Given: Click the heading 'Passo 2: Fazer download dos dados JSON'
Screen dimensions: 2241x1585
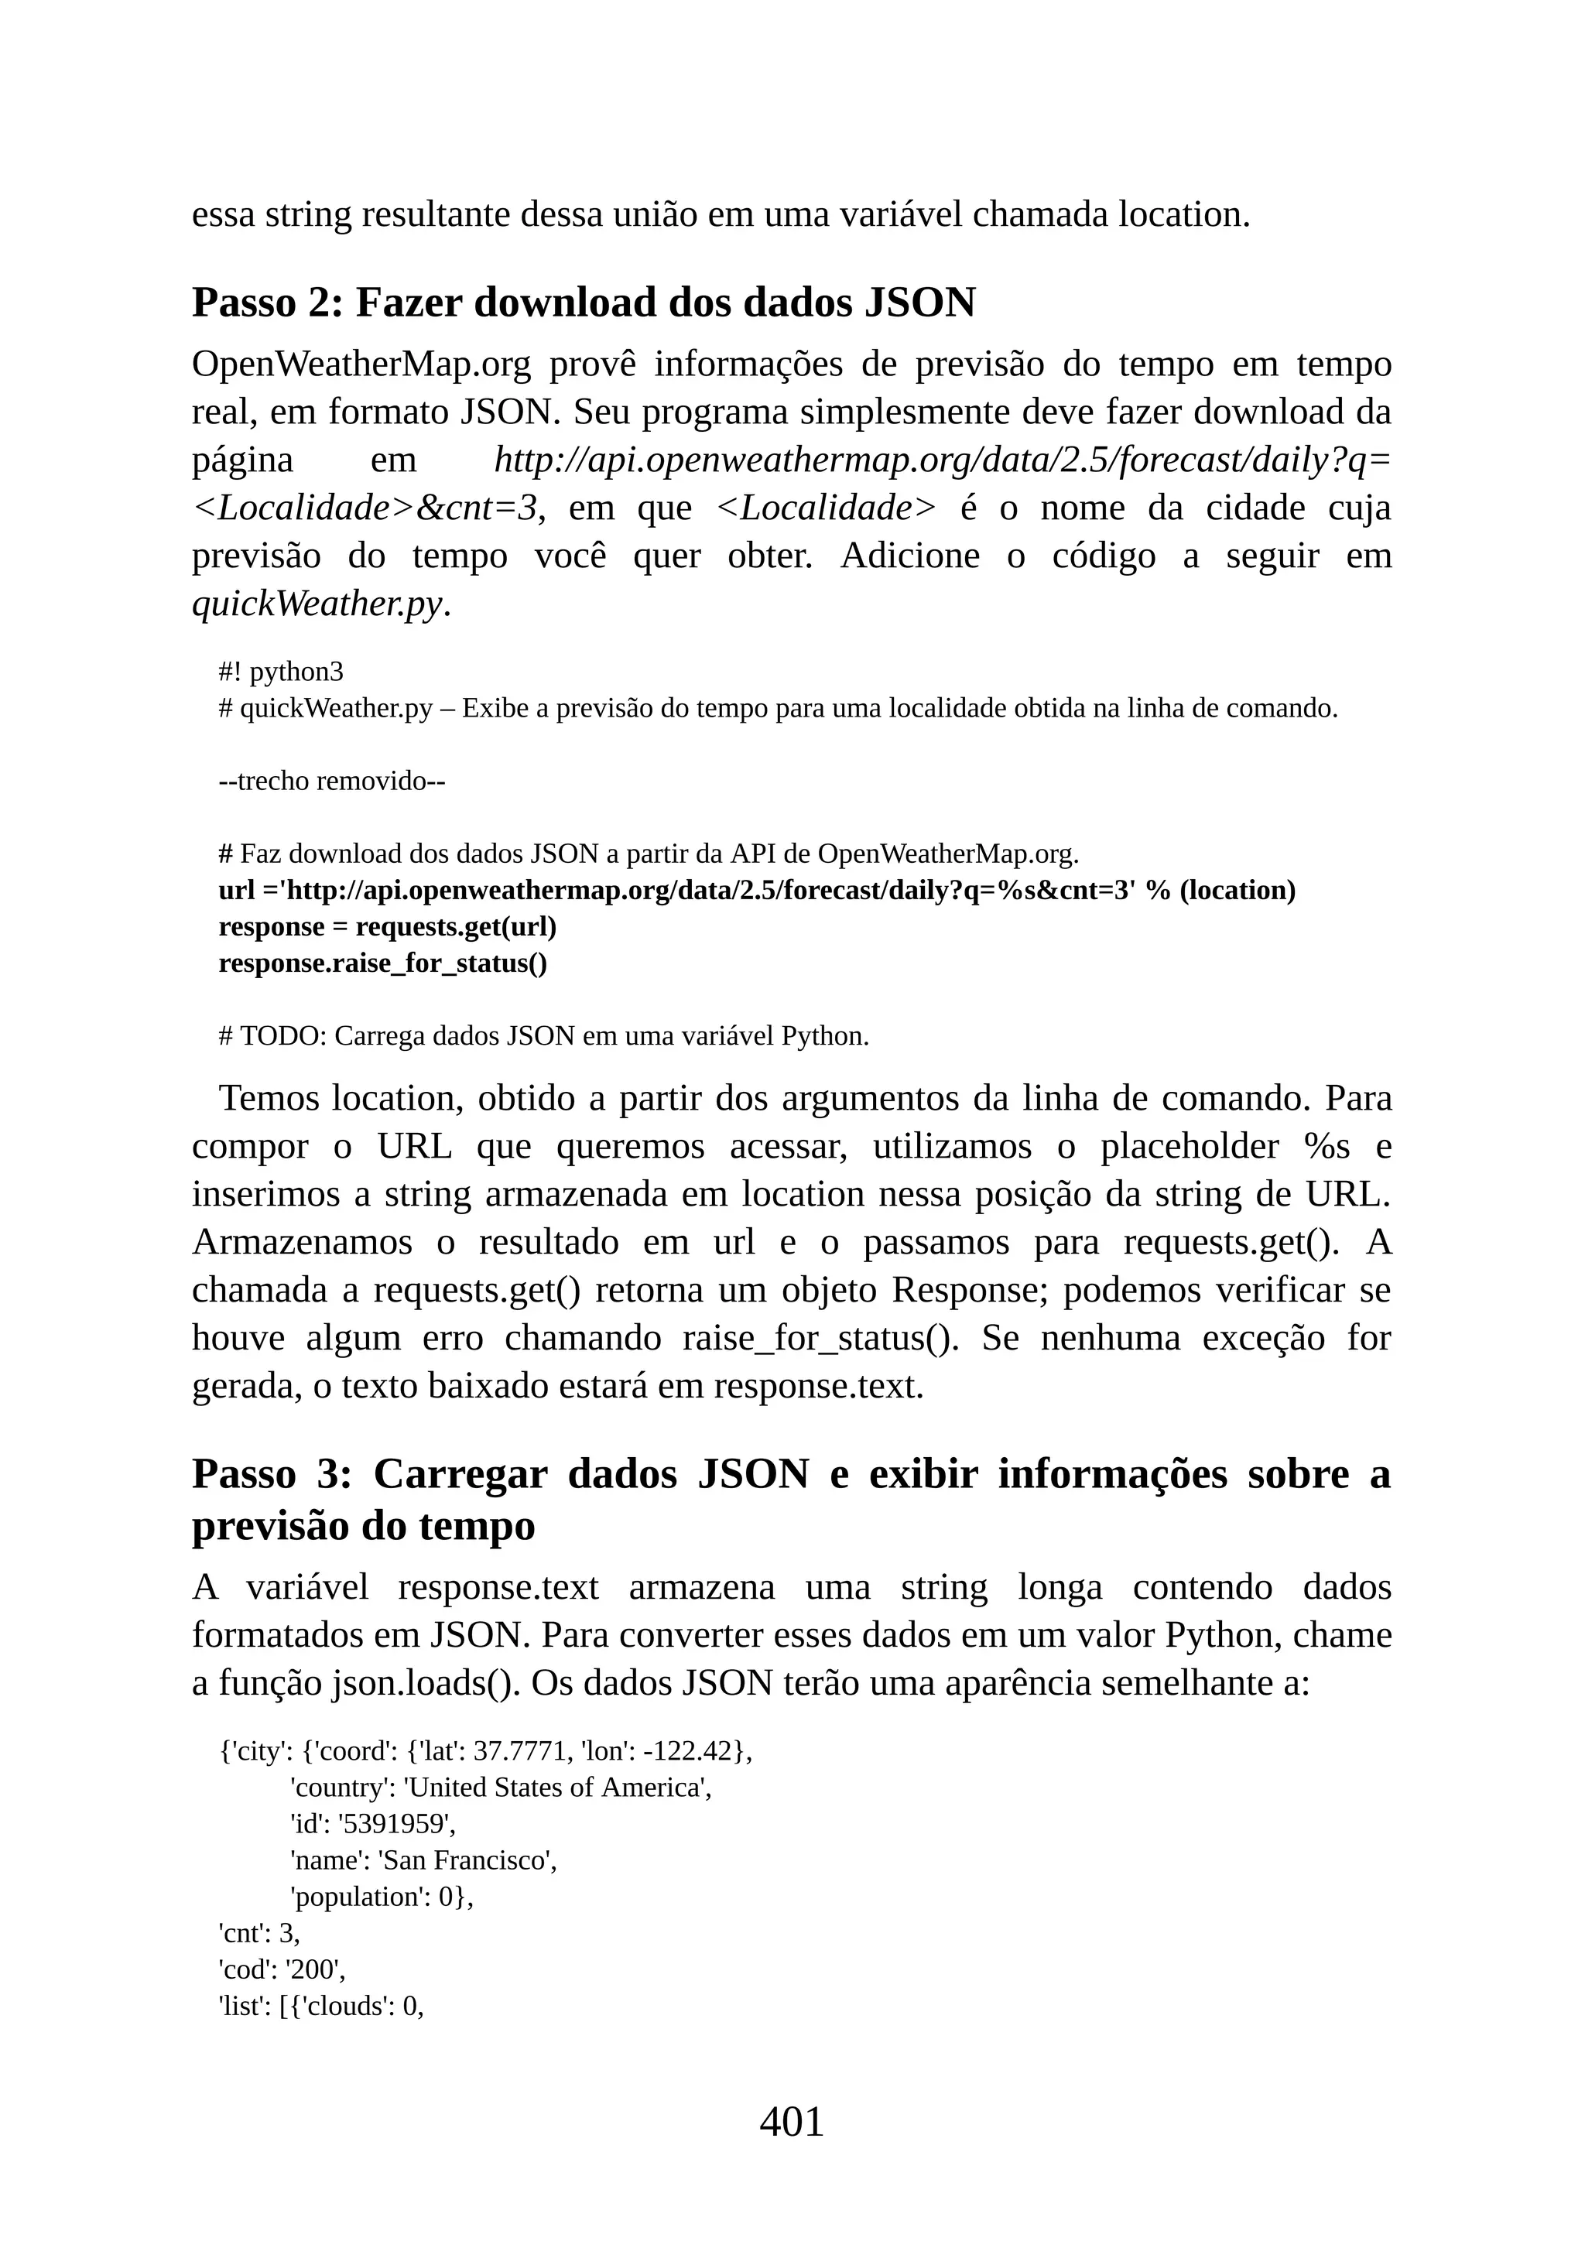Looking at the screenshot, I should click(x=584, y=303).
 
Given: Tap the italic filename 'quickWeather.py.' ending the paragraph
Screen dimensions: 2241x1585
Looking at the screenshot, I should click(x=321, y=604).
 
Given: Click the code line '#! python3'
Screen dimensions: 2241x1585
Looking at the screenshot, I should click(x=281, y=672).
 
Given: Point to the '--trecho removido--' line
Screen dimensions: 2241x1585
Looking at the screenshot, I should click(x=332, y=781).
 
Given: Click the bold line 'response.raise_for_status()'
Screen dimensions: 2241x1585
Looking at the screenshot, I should click(x=382, y=963).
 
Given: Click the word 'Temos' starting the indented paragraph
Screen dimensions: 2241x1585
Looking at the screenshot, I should click(x=270, y=1098).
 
